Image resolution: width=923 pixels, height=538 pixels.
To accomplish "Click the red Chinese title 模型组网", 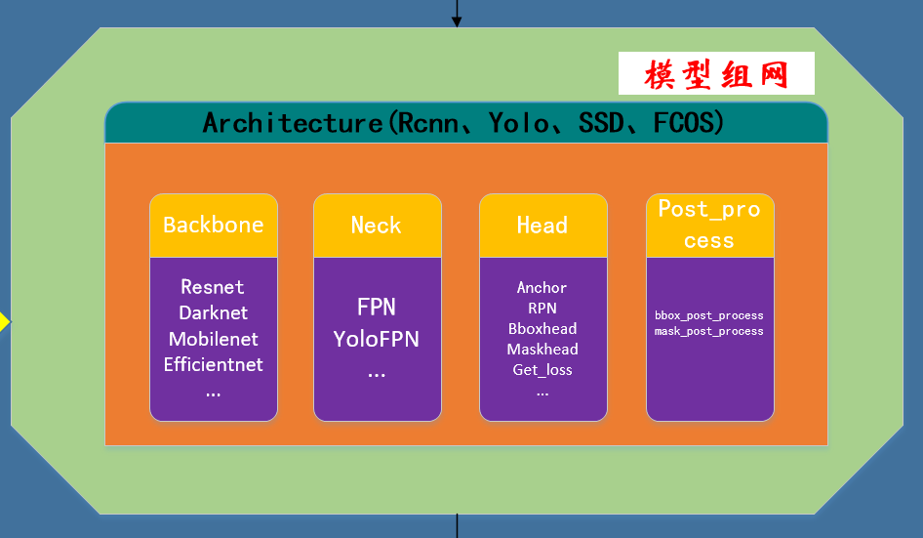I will (715, 74).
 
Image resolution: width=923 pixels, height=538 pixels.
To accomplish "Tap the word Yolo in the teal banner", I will (520, 123).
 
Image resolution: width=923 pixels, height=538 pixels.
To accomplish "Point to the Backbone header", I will (213, 226).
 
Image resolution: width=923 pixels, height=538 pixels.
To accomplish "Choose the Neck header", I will (376, 226).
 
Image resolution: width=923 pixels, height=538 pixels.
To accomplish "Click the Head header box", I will (542, 226).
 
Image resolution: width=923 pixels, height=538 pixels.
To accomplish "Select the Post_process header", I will (709, 225).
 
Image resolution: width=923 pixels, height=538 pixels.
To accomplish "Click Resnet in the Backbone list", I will (213, 287).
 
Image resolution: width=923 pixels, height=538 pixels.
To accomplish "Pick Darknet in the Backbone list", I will (213, 313).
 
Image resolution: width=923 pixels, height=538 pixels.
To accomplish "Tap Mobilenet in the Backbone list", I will (213, 339).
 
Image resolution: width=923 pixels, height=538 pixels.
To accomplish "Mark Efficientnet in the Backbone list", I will (213, 365).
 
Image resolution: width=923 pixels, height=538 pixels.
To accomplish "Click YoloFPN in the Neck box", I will (377, 339).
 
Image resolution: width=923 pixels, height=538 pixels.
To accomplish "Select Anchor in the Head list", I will (542, 288).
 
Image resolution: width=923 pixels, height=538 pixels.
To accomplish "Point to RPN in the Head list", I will (542, 309).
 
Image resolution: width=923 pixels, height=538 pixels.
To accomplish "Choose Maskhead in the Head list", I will (542, 350).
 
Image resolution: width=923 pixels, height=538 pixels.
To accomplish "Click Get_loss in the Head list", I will (542, 370).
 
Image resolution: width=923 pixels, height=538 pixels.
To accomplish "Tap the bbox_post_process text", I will (709, 315).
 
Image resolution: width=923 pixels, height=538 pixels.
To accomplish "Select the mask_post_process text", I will (709, 331).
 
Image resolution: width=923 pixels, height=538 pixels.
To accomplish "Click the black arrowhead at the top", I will (457, 21).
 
